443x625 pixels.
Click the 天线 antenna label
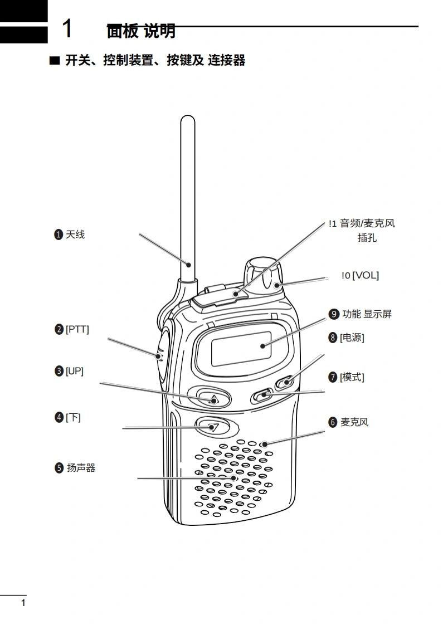(75, 235)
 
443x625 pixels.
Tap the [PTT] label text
(77, 329)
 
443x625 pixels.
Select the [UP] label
(75, 371)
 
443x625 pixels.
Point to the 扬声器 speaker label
(81, 467)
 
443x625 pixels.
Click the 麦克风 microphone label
(354, 422)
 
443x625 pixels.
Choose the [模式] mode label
(352, 377)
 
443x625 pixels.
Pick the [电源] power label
(352, 338)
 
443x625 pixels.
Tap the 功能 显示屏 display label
(367, 314)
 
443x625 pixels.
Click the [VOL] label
(365, 275)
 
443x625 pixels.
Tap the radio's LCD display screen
(241, 349)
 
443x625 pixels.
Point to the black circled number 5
(59, 467)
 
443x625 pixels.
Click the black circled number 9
(334, 314)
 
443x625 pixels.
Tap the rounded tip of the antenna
(187, 119)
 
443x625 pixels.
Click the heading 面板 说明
(141, 31)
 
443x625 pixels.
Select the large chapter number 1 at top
(67, 28)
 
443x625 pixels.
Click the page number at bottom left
(23, 603)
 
